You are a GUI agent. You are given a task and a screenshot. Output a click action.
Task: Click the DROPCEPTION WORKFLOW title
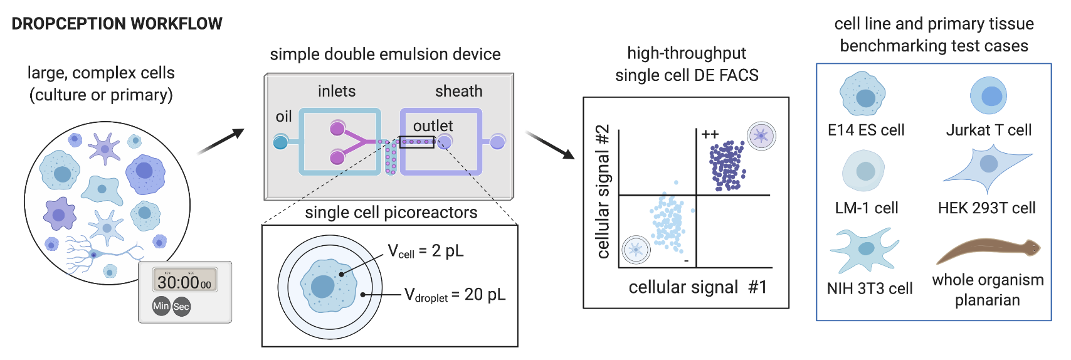click(x=117, y=24)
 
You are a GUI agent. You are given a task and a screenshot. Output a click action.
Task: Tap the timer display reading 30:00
click(x=184, y=282)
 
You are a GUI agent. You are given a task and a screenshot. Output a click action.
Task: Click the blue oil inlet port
click(x=281, y=142)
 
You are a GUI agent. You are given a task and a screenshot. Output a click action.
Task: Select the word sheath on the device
click(x=458, y=92)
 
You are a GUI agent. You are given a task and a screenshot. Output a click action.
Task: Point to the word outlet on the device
click(x=433, y=126)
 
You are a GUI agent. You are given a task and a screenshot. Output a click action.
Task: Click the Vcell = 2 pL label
click(x=426, y=251)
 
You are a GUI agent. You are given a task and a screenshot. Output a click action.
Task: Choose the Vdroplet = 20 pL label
click(x=455, y=295)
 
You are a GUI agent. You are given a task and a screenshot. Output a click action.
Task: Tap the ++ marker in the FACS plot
click(x=710, y=134)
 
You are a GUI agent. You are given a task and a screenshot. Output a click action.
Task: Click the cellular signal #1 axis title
click(x=697, y=287)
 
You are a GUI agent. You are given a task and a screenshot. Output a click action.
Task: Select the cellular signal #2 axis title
click(x=603, y=191)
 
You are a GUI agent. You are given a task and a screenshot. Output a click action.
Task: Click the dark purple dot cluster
click(x=727, y=166)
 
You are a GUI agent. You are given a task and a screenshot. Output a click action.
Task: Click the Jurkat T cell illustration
click(x=988, y=96)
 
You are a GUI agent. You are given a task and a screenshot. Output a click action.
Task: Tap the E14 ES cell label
click(x=866, y=130)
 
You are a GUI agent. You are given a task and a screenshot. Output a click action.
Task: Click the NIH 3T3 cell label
click(x=869, y=289)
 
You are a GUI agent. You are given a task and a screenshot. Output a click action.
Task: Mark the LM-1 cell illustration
click(x=864, y=171)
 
